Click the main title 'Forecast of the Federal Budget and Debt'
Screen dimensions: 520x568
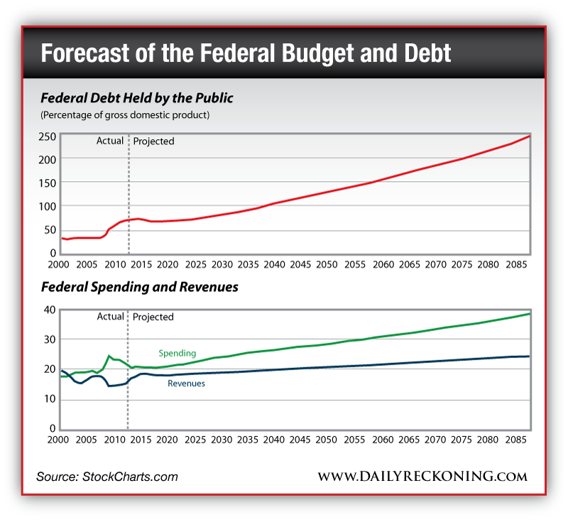(246, 54)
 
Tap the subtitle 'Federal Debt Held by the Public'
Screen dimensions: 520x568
(137, 98)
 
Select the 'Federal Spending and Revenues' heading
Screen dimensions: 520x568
(139, 288)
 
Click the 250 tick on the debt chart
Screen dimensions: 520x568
(48, 136)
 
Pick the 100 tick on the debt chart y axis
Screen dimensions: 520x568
(48, 206)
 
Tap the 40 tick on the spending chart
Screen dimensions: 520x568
(50, 310)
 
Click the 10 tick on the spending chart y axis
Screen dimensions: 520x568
(50, 399)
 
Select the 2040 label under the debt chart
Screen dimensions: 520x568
(274, 264)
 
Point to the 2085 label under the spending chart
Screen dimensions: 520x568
(512, 440)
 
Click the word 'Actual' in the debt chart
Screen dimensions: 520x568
(110, 141)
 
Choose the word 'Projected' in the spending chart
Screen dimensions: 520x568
(153, 317)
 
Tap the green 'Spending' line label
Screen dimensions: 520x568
(177, 353)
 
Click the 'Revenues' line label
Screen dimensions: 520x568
(186, 384)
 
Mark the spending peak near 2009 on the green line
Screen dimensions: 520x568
(109, 356)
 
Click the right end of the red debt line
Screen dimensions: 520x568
(529, 136)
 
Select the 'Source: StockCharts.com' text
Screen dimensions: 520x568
(107, 477)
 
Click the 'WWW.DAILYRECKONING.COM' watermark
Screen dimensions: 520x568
(422, 476)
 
